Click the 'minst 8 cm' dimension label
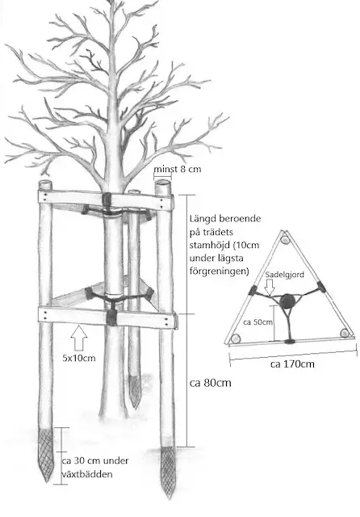[x=178, y=169]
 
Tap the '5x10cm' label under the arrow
[x=79, y=358]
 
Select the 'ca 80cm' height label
[x=211, y=383]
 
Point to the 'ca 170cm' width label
[x=292, y=364]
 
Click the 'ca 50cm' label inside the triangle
[x=258, y=322]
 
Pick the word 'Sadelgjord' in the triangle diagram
[x=285, y=275]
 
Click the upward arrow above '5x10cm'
[x=79, y=338]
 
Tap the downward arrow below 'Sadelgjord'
[x=270, y=288]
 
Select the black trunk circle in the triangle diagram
[x=287, y=301]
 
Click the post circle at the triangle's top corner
[x=285, y=240]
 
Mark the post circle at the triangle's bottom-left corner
[x=236, y=338]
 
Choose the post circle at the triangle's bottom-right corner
[x=345, y=333]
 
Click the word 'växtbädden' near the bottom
[x=87, y=474]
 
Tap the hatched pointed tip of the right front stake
[x=168, y=472]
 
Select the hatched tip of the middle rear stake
[x=134, y=391]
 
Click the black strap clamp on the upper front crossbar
[x=107, y=200]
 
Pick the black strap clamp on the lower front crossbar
[x=111, y=317]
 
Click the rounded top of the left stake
[x=45, y=184]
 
